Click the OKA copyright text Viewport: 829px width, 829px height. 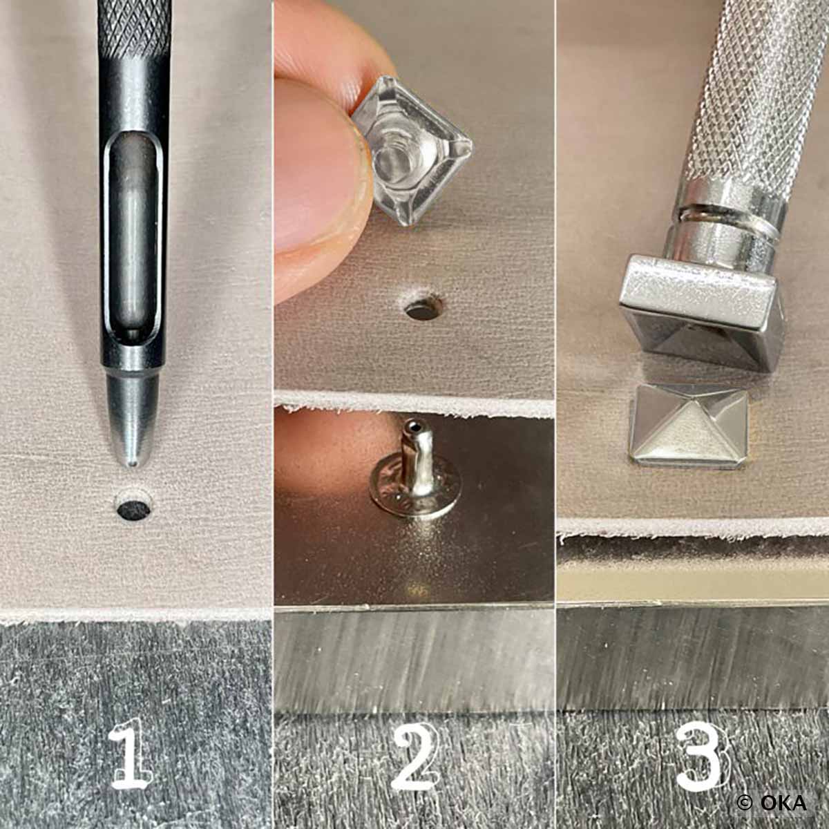pos(772,802)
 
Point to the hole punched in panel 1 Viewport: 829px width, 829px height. pos(133,510)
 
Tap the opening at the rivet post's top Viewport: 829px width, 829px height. pos(414,427)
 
